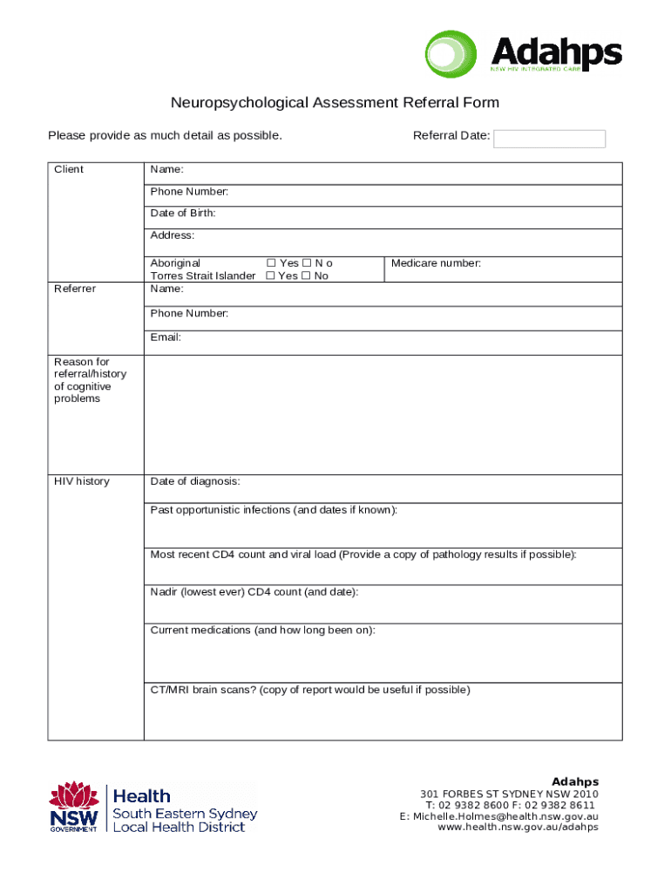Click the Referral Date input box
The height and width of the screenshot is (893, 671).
coord(549,139)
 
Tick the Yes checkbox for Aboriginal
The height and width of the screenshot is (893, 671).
coord(270,263)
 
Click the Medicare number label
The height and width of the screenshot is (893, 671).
coord(436,263)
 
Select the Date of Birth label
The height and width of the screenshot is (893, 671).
coord(183,214)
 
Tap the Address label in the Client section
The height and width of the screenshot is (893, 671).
coord(173,235)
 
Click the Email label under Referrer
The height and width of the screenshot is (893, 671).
coord(166,337)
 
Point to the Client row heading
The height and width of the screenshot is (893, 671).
coord(69,169)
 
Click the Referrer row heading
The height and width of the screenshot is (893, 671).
coord(75,289)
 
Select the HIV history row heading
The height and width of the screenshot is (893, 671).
coord(82,481)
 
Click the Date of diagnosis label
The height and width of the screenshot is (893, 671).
coord(195,481)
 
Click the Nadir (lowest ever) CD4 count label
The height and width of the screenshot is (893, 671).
coord(254,592)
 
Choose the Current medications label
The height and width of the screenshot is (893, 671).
coord(262,631)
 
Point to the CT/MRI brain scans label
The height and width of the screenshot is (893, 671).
coord(309,690)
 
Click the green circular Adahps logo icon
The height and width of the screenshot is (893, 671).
coord(451,55)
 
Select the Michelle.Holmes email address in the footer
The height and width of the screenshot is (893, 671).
coord(505,816)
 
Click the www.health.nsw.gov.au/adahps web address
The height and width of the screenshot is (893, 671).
coord(518,828)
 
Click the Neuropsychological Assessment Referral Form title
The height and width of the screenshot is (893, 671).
coord(335,103)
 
